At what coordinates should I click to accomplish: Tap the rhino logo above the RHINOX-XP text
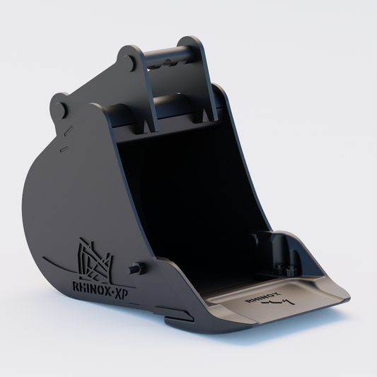(x=95, y=260)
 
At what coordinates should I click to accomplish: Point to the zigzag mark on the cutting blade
(x=277, y=302)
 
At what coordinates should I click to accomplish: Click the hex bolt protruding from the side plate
(x=137, y=268)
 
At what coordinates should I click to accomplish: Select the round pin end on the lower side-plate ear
(x=60, y=110)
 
